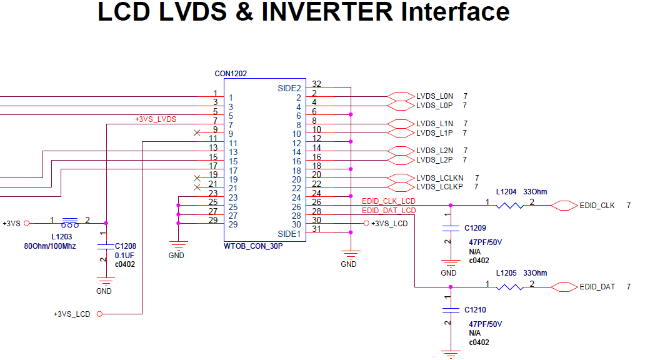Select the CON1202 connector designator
coord(231,74)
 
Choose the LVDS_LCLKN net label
coord(439,178)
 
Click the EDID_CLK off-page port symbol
coord(564,205)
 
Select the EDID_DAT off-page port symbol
coord(564,287)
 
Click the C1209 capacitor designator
coord(475,228)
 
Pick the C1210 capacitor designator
coord(475,310)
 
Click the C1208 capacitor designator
coord(126,247)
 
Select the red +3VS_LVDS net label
coord(156,119)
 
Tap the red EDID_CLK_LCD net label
coord(388,201)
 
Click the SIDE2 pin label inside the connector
coord(289,89)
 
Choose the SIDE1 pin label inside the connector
coord(289,234)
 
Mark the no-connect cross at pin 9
coord(197,133)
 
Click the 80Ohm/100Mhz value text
coord(50,246)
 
